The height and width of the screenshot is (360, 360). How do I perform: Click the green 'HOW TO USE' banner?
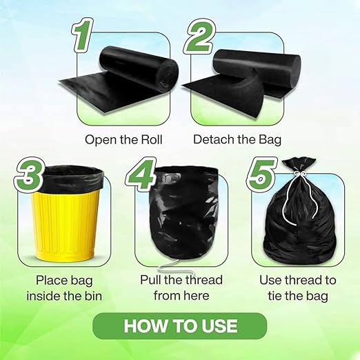pos(179,326)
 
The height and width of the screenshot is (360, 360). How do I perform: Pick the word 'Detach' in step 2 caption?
pos(212,139)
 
